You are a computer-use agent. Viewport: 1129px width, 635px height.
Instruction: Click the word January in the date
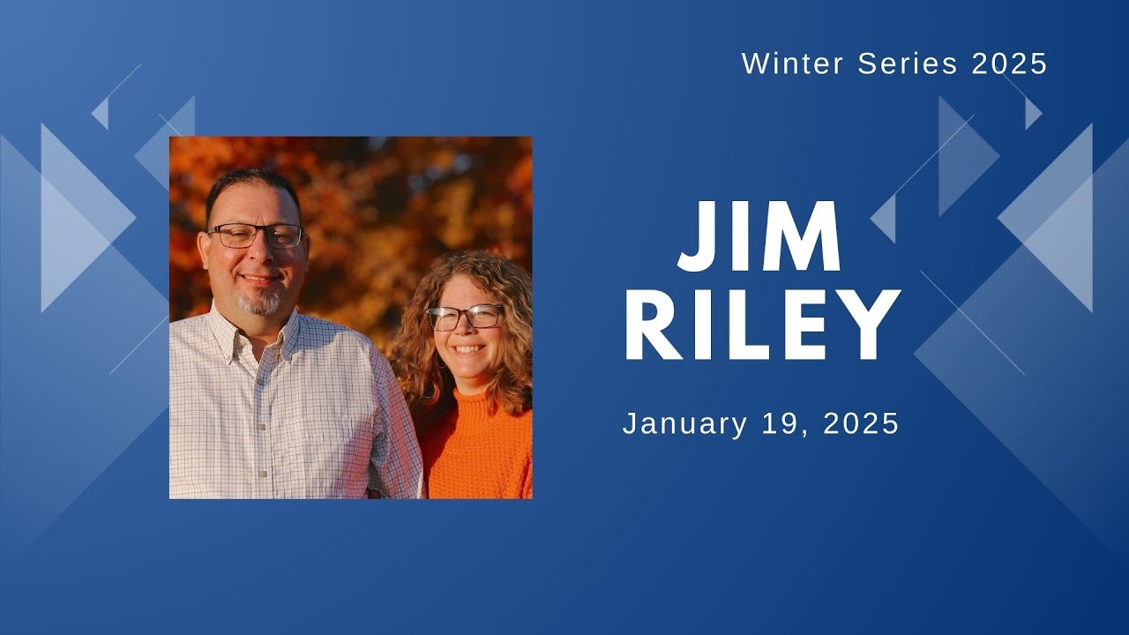tap(684, 424)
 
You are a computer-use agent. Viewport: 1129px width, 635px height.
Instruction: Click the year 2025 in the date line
tap(860, 423)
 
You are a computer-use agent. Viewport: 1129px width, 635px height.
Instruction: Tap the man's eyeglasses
tap(255, 235)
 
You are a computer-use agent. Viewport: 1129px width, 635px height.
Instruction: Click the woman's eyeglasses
tap(465, 317)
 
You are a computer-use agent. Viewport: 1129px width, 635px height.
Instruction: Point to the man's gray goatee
tap(262, 303)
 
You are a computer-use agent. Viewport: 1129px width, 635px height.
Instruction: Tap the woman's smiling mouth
tap(467, 349)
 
